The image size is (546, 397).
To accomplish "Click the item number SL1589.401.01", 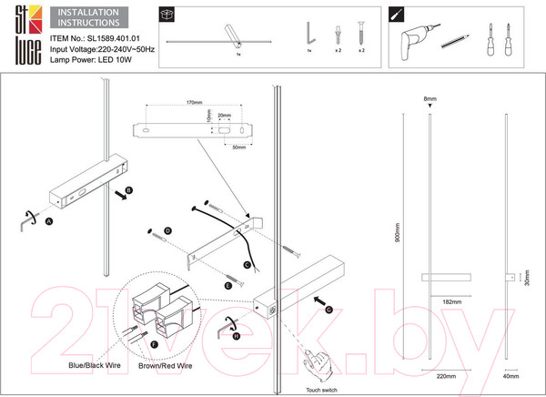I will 116,40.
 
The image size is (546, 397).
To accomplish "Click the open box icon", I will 167,15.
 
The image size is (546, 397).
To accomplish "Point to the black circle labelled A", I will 48,219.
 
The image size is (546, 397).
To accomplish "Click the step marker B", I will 128,189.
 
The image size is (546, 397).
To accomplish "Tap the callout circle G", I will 328,309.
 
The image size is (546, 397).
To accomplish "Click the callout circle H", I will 236,335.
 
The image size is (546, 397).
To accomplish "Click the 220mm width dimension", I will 445,375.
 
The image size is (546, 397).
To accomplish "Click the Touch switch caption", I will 322,388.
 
